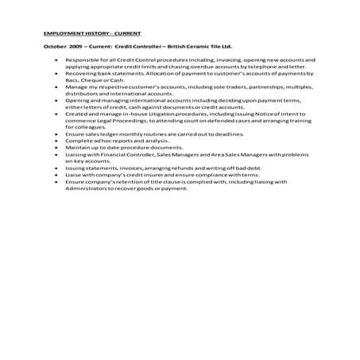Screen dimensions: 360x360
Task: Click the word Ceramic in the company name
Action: tap(199, 48)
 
